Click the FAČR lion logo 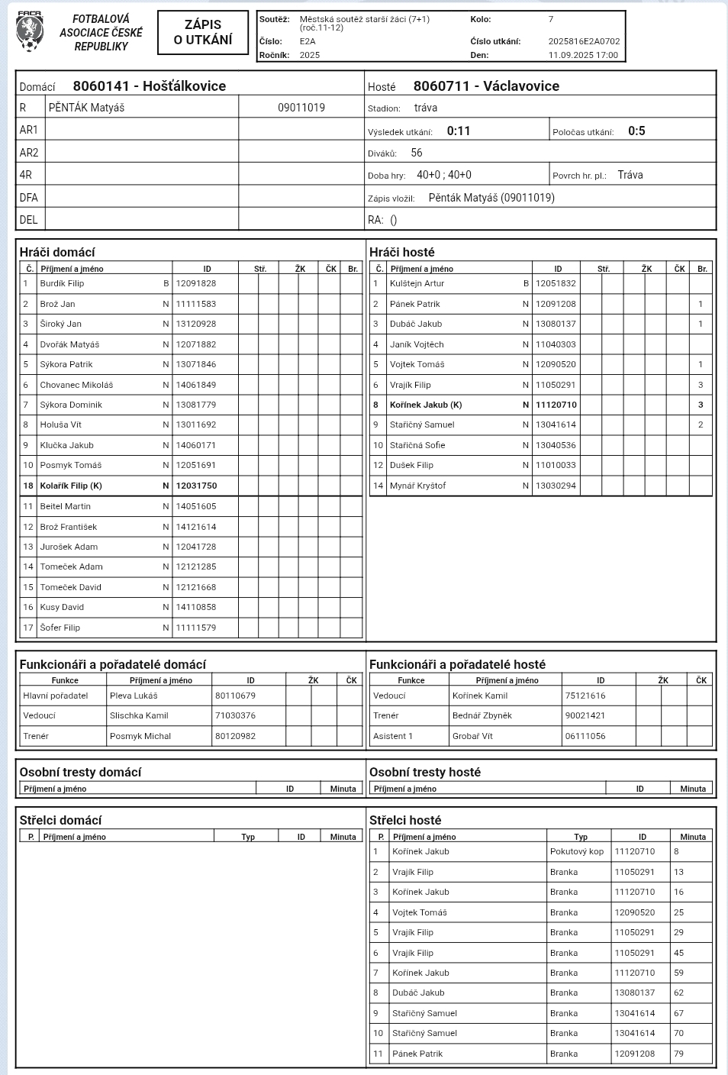pos(29,32)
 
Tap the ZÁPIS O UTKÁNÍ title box pos(203,32)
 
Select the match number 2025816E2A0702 pos(584,42)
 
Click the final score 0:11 pos(459,131)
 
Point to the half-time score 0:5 pos(636,131)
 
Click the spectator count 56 pos(417,153)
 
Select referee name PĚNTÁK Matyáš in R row pos(86,108)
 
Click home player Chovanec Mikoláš pos(76,385)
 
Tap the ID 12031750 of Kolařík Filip pos(196,486)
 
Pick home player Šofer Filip pos(60,628)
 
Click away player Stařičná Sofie pos(417,445)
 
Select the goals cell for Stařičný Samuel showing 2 pos(701,425)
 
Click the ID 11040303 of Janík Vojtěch pos(556,344)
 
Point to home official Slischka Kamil pos(139,715)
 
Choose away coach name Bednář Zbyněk pos(482,715)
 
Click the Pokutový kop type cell pos(577,851)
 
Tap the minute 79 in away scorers pos(679,1054)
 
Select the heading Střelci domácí pos(60,820)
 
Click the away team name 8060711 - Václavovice pos(486,86)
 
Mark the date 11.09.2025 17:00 pos(583,55)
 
